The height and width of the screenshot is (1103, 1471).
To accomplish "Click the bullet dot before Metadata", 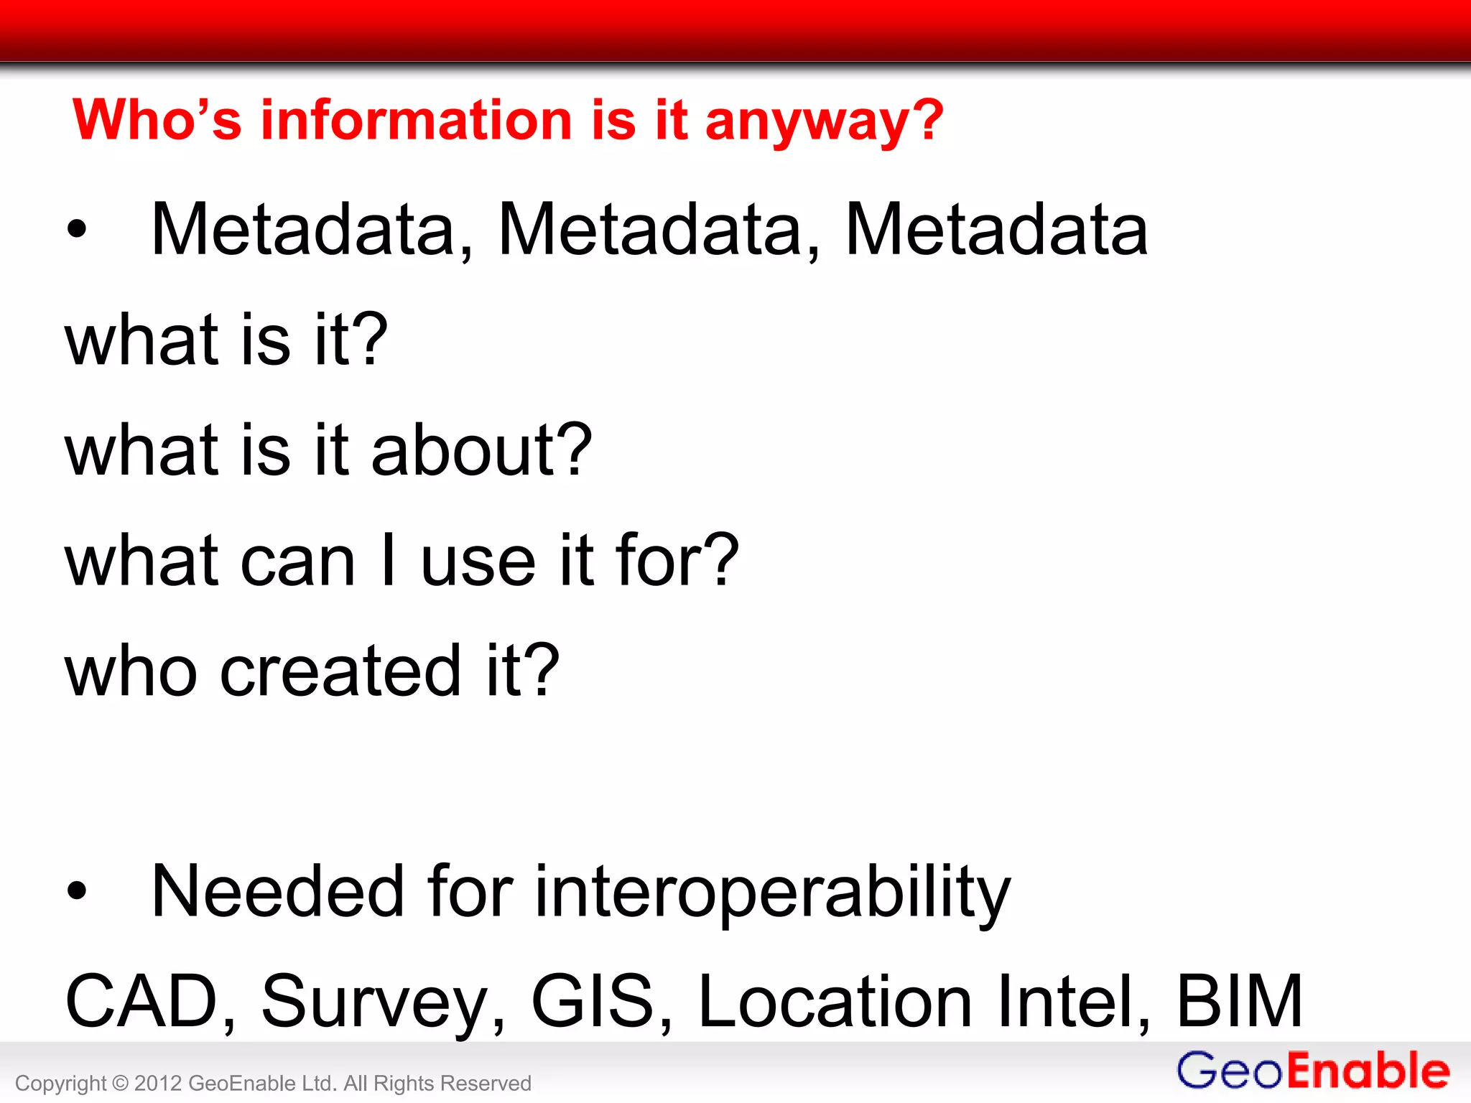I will tap(76, 230).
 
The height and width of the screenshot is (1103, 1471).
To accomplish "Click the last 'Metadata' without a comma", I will tap(996, 230).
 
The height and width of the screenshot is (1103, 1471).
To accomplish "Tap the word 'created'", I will tap(340, 671).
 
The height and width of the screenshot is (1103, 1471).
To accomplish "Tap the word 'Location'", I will tap(835, 1001).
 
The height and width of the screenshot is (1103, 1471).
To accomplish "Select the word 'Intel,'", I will tap(1074, 1001).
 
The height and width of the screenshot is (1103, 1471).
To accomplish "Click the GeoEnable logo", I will tap(1313, 1071).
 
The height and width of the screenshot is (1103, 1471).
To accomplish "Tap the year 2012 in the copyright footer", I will tap(157, 1083).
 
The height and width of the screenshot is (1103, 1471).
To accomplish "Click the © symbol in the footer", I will tap(120, 1083).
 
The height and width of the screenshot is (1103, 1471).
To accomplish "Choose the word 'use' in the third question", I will tap(478, 561).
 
